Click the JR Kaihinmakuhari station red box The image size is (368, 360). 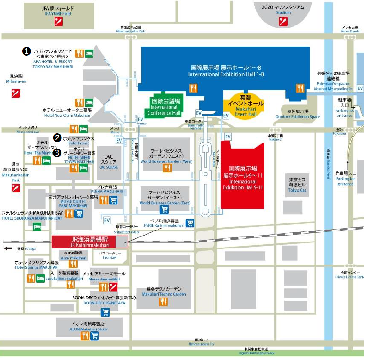89,242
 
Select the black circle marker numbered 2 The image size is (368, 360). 57,137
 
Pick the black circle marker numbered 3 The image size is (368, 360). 57,152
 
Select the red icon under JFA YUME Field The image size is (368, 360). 58,21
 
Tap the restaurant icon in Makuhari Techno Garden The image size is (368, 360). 163,302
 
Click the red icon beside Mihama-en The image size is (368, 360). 16,93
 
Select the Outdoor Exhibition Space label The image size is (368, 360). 298,114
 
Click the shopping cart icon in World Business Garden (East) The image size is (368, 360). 165,210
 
